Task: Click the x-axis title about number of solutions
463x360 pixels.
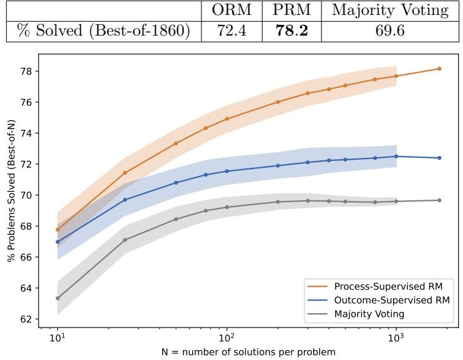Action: pyautogui.click(x=248, y=352)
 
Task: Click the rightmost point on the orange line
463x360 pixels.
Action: pyautogui.click(x=439, y=69)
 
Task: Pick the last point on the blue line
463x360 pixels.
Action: pyautogui.click(x=439, y=158)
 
